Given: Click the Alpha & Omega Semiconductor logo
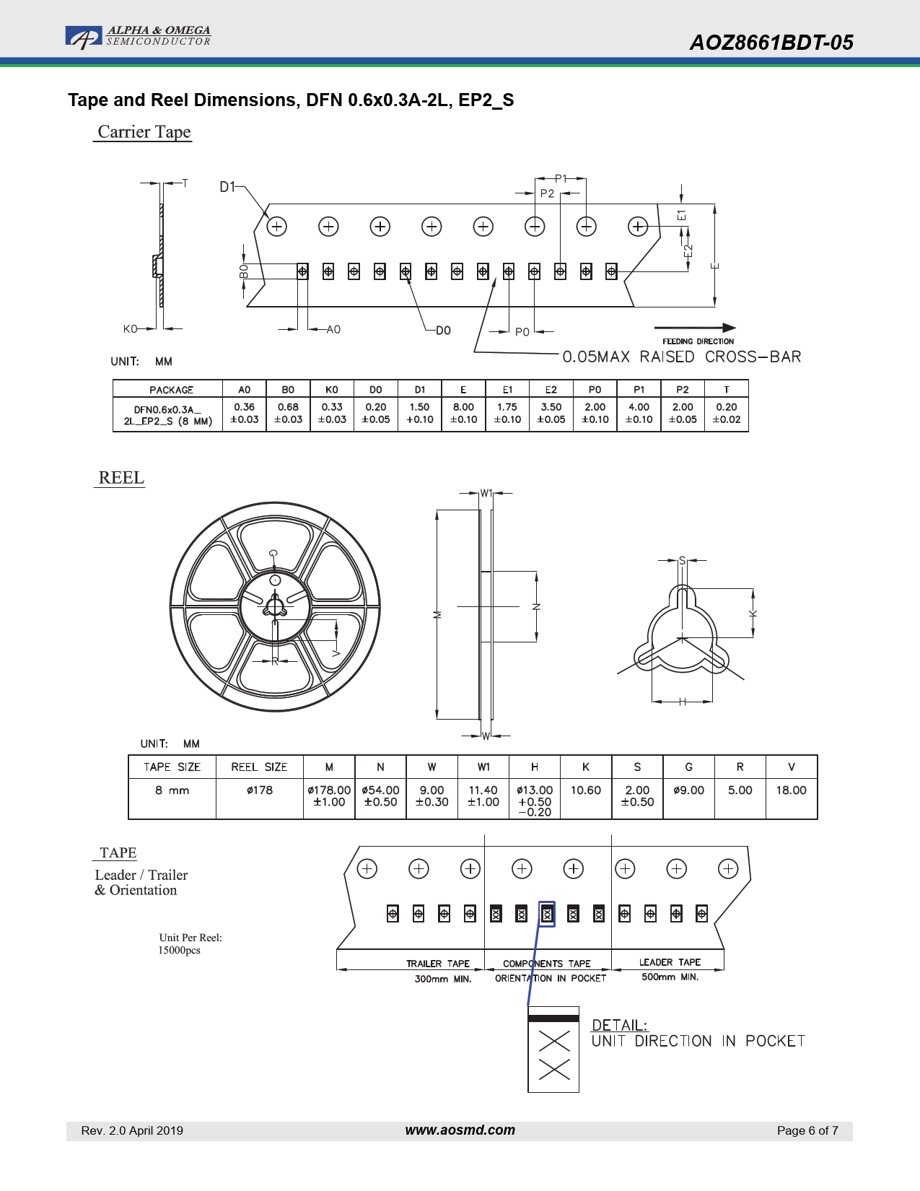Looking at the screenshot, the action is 138,37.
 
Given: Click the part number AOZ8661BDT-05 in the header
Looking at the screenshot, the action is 771,43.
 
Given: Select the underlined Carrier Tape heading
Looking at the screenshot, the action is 144,131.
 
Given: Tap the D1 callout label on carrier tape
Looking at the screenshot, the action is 227,187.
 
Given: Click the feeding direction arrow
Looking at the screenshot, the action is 695,328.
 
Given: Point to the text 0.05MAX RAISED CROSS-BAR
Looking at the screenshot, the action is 682,357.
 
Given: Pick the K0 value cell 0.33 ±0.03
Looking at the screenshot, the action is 332,414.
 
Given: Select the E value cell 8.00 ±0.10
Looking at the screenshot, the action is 463,414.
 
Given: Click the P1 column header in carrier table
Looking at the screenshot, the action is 639,389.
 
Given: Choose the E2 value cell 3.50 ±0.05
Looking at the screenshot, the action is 551,414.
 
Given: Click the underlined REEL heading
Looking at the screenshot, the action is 121,477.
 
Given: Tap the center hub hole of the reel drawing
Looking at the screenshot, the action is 274,607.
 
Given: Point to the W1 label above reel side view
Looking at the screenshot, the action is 486,493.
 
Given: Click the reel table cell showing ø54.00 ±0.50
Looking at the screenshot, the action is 380,796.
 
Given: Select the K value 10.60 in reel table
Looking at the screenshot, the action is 586,790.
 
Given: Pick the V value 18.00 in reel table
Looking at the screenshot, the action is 792,790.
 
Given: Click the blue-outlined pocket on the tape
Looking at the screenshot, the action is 547,915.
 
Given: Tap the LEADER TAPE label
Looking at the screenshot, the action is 670,962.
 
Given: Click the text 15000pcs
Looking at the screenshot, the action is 179,950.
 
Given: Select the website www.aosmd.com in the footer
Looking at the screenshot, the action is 460,1130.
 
